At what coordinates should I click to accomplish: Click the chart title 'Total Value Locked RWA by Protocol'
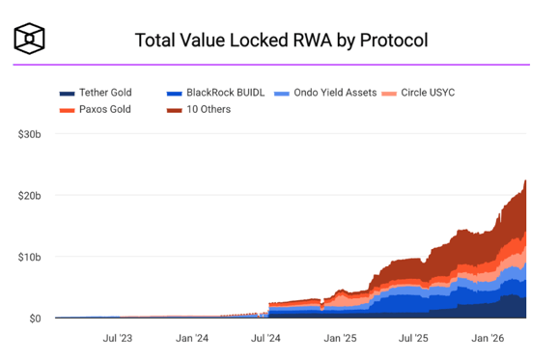click(281, 41)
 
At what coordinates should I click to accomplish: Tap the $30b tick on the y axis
click(29, 133)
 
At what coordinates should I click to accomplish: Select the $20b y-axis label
click(29, 195)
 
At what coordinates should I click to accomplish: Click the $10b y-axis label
click(29, 257)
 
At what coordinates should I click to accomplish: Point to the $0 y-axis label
click(34, 318)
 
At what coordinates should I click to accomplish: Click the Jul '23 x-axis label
click(118, 338)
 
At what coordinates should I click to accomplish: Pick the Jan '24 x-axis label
click(191, 338)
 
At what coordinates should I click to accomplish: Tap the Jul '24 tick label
click(266, 338)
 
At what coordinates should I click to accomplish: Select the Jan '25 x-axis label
click(340, 338)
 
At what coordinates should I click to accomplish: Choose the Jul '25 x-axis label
click(413, 338)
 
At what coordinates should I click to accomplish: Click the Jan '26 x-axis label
click(488, 338)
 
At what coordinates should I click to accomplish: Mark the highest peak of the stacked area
click(525, 180)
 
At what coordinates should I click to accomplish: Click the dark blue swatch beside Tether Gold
click(67, 93)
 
